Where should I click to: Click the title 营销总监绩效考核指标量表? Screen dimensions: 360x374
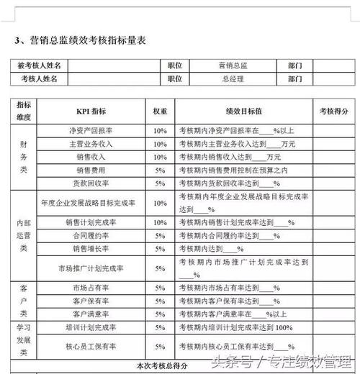tap(86, 40)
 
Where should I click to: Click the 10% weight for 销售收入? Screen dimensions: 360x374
tap(159, 157)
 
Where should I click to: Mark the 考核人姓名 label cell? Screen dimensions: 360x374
tap(40, 78)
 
